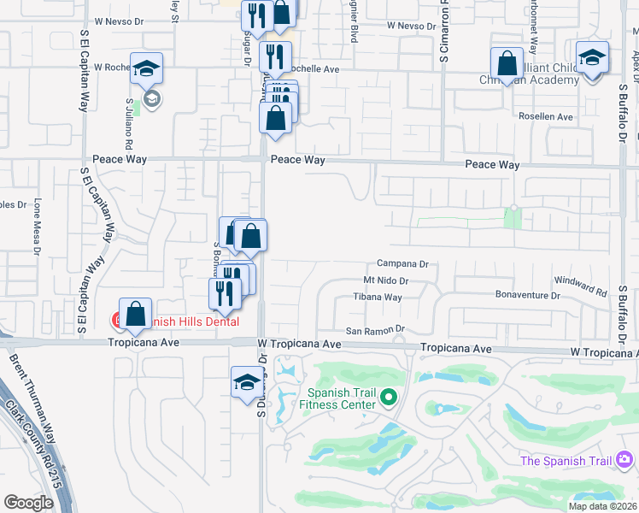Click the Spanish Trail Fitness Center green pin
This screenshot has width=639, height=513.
coord(390,397)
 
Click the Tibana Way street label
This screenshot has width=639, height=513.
coord(378,298)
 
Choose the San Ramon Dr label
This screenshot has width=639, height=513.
coord(373,330)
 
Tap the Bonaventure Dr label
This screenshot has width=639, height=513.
coord(527,295)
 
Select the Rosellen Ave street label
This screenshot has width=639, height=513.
coord(546,116)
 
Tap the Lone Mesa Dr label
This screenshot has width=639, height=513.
coord(38,227)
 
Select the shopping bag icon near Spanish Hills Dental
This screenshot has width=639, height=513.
coord(136,315)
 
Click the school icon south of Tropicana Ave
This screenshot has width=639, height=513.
coord(246,381)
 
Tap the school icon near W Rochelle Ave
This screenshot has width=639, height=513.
coord(147,68)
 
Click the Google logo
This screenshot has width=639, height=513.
coord(28,503)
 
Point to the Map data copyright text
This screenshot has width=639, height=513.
coord(602,506)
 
